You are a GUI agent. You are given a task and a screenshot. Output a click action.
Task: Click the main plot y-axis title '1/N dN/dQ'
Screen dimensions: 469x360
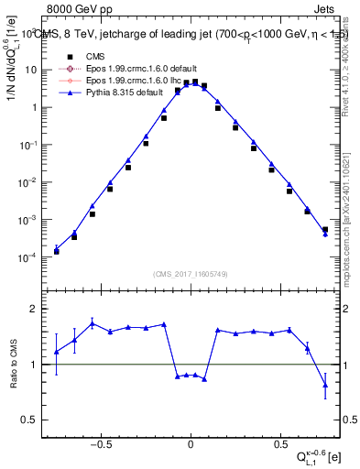click(12, 73)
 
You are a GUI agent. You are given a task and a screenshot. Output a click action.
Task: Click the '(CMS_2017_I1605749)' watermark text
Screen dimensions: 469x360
click(190, 275)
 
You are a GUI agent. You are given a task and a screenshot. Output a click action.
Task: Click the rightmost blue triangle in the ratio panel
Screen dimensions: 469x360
click(325, 386)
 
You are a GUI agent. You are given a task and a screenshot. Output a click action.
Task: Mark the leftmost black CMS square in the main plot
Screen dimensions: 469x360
click(57, 251)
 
